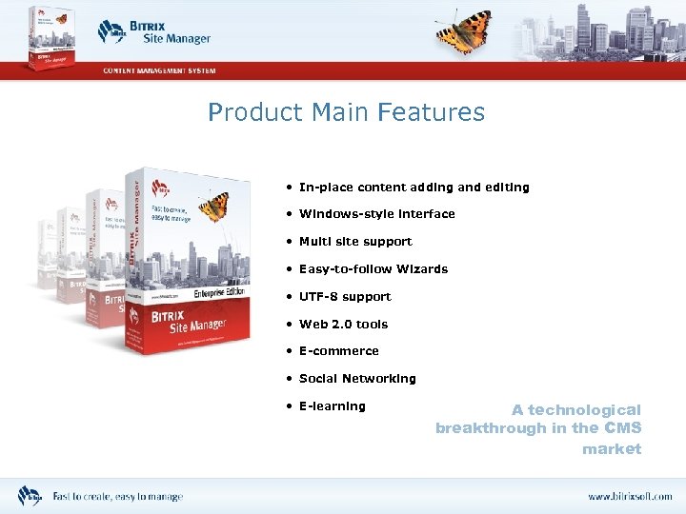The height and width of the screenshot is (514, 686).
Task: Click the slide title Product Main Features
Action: click(346, 112)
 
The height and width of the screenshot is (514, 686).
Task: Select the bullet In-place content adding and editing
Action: click(414, 188)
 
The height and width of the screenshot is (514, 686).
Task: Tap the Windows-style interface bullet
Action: click(376, 214)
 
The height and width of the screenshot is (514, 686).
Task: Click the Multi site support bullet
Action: click(355, 242)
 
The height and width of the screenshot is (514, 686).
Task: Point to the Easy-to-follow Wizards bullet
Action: click(373, 269)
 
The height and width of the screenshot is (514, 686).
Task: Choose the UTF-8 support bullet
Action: click(345, 297)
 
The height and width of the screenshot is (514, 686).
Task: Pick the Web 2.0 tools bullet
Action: click(343, 325)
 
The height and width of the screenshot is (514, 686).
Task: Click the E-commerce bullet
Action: click(338, 351)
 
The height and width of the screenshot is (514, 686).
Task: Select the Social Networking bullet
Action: click(357, 379)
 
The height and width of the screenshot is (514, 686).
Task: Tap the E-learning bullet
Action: click(332, 406)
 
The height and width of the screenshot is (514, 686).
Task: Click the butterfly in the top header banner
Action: click(463, 30)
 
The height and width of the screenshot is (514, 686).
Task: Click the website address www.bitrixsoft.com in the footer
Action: click(629, 497)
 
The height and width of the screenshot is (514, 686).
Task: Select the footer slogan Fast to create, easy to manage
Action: click(117, 497)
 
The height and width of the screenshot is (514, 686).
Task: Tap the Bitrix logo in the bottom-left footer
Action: click(30, 496)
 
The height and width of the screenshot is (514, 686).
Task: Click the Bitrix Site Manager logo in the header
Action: click(154, 31)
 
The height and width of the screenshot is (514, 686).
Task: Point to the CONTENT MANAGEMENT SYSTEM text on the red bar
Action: click(159, 70)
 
